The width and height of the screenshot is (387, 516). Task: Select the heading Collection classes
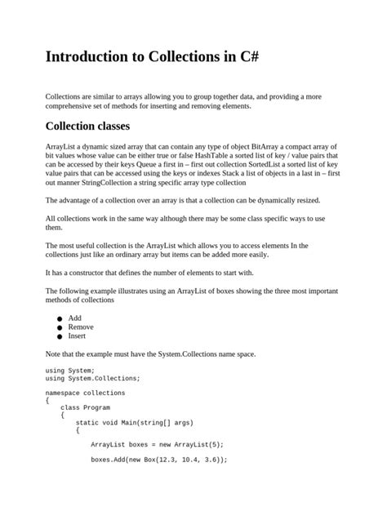click(87, 127)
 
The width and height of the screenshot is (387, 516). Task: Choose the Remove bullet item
click(81, 327)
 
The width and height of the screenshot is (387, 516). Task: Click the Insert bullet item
click(78, 336)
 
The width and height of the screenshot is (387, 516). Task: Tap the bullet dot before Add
click(60, 318)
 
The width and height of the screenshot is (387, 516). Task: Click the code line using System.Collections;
click(93, 378)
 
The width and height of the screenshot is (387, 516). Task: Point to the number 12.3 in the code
click(162, 459)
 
